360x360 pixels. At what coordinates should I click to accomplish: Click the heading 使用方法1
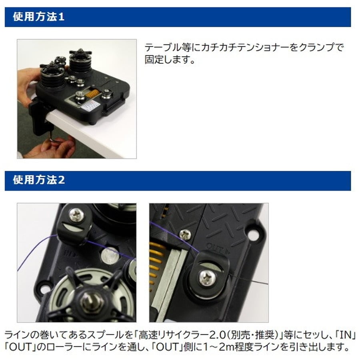[x=38, y=18]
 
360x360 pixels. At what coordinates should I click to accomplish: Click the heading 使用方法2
[x=38, y=180]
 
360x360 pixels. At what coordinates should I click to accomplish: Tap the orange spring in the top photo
[x=92, y=94]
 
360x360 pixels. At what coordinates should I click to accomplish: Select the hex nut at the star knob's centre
[x=92, y=300]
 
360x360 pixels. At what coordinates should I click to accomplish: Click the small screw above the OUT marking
[x=185, y=235]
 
